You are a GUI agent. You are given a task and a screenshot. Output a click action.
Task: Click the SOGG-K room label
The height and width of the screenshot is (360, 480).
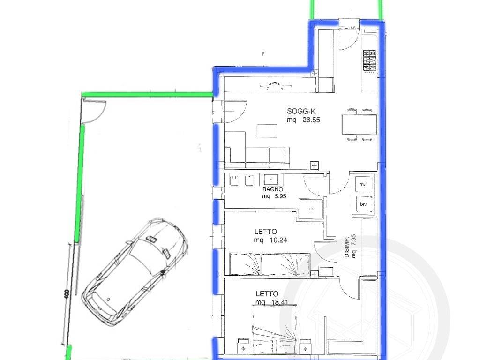point(301,111)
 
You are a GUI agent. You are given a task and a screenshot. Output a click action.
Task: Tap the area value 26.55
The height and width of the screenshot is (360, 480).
point(311,120)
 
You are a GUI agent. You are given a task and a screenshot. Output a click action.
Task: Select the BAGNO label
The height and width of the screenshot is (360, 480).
point(273,189)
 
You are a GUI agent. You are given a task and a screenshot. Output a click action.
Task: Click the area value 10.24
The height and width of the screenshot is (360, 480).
point(278,240)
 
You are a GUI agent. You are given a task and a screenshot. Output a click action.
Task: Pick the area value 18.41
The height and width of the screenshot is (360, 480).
point(280,302)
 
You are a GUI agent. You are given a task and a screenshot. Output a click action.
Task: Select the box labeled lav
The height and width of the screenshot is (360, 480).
point(364,204)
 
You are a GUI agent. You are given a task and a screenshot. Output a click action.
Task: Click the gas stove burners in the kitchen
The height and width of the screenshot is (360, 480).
point(369,60)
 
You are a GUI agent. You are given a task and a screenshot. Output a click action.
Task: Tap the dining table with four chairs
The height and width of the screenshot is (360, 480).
point(359,124)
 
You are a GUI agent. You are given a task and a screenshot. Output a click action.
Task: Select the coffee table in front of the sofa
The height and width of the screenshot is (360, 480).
point(267,131)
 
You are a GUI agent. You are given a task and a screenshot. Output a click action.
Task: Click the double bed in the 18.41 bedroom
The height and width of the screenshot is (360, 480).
point(275,330)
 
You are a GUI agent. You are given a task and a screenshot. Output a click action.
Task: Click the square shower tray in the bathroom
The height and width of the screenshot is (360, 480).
point(311,209)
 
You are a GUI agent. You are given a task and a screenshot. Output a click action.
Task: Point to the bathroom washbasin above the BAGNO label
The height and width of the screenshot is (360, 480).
point(271,179)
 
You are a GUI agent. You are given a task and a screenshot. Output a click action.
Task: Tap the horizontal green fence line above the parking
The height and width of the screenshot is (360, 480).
point(148,94)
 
